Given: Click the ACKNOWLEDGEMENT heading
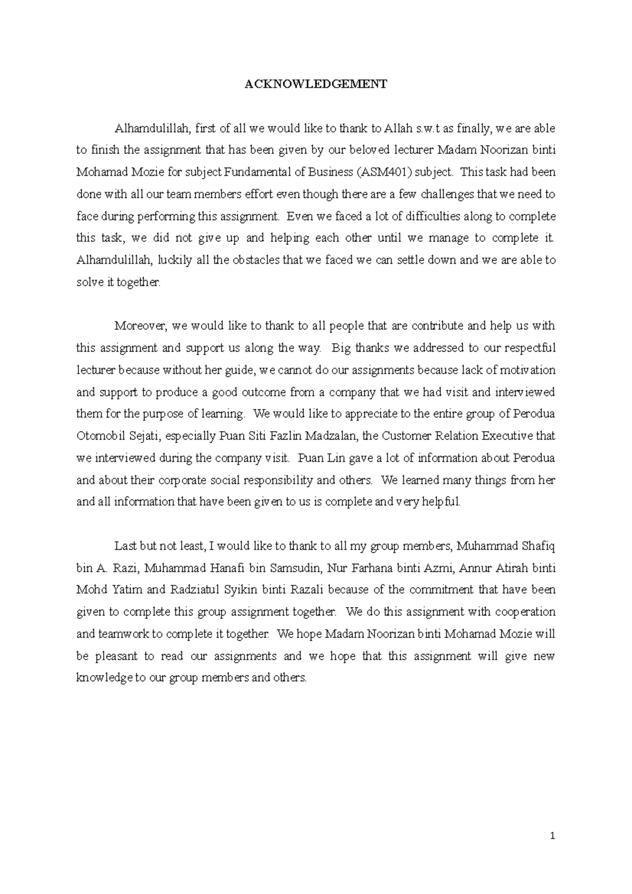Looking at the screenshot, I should click(x=315, y=84).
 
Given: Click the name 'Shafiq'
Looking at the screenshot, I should click(x=538, y=547).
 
